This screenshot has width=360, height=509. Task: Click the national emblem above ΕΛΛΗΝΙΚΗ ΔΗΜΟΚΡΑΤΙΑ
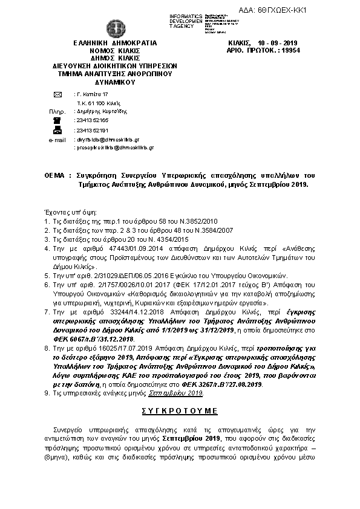[114, 28]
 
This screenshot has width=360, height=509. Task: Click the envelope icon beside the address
[57, 96]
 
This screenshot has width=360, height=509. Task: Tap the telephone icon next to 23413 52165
[57, 121]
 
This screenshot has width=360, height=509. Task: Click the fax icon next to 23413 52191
[57, 130]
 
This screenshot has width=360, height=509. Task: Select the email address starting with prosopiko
[113, 148]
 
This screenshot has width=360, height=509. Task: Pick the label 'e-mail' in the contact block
[56, 139]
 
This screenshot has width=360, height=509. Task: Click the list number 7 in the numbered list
[48, 311]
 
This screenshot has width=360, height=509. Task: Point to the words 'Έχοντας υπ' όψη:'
[67, 213]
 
